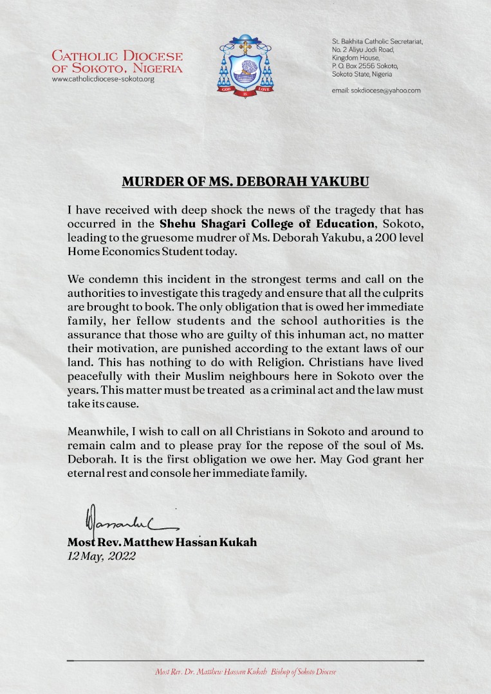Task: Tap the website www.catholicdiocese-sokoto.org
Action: click(103, 79)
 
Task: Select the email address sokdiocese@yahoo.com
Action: click(376, 91)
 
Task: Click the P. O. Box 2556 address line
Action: click(365, 66)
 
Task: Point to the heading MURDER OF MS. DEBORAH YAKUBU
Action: click(246, 182)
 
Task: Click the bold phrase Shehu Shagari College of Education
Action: click(267, 224)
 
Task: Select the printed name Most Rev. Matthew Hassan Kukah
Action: click(162, 542)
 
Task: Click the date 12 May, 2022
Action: click(102, 556)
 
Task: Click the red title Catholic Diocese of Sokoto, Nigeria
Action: click(117, 62)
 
